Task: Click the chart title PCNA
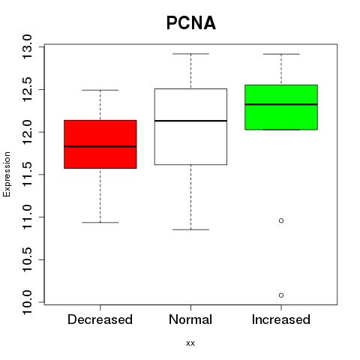click(191, 23)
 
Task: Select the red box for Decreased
click(100, 144)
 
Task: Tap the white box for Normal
click(190, 127)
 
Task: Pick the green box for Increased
click(281, 107)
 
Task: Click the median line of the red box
click(100, 146)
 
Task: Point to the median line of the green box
click(281, 104)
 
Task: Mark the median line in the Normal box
click(190, 121)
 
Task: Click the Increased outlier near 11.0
click(281, 220)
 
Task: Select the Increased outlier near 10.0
click(281, 295)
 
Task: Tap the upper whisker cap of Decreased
click(100, 90)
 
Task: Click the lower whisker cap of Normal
click(190, 229)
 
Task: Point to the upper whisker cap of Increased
click(281, 54)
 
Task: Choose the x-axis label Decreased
click(100, 319)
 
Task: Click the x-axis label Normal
click(190, 319)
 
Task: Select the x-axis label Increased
click(281, 319)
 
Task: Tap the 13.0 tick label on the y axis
click(27, 46)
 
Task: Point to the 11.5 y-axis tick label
click(27, 174)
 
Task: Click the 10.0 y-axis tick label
click(27, 302)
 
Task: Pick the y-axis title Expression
click(7, 174)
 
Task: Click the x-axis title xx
click(190, 343)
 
